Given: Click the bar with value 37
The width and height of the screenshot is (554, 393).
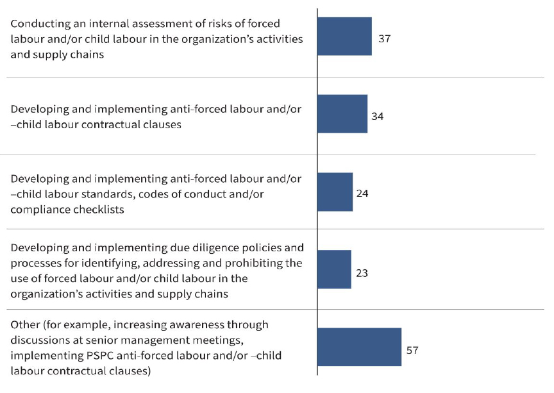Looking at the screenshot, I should tap(344, 37).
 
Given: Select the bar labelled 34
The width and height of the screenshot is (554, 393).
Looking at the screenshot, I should tap(342, 114).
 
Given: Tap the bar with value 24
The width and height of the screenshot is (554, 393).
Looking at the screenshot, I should tap(335, 192).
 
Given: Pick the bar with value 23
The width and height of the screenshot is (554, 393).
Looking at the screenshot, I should tap(334, 269).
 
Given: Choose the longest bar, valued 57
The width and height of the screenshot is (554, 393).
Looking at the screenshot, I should tap(359, 347).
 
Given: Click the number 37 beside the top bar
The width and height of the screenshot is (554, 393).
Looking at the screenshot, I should tap(385, 38).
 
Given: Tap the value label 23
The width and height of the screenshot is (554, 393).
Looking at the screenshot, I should tap(362, 272).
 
